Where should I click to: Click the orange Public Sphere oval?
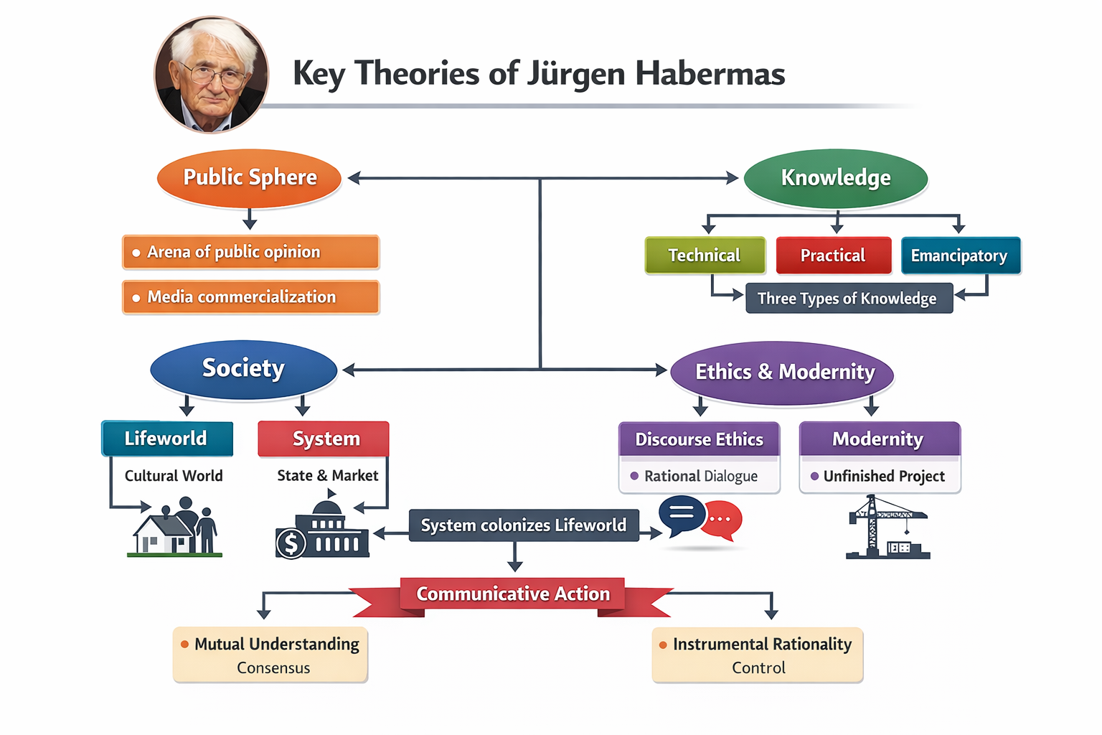click(249, 177)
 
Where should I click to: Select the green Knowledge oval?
click(836, 177)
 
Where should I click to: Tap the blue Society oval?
click(243, 368)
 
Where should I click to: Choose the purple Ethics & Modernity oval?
click(783, 372)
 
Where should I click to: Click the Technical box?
click(705, 256)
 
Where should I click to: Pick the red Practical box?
click(833, 256)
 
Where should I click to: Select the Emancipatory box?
click(960, 256)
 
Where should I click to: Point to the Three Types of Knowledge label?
click(848, 299)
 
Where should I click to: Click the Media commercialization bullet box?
click(250, 297)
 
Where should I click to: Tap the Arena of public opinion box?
click(250, 252)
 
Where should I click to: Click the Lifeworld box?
click(167, 439)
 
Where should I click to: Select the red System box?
click(324, 439)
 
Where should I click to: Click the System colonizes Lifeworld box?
click(523, 525)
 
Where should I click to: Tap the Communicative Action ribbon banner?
click(513, 594)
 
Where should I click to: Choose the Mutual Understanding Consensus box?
click(270, 655)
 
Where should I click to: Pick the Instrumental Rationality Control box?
click(758, 655)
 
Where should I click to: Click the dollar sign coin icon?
click(291, 544)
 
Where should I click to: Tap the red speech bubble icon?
click(722, 520)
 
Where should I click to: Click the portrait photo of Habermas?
click(212, 75)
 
